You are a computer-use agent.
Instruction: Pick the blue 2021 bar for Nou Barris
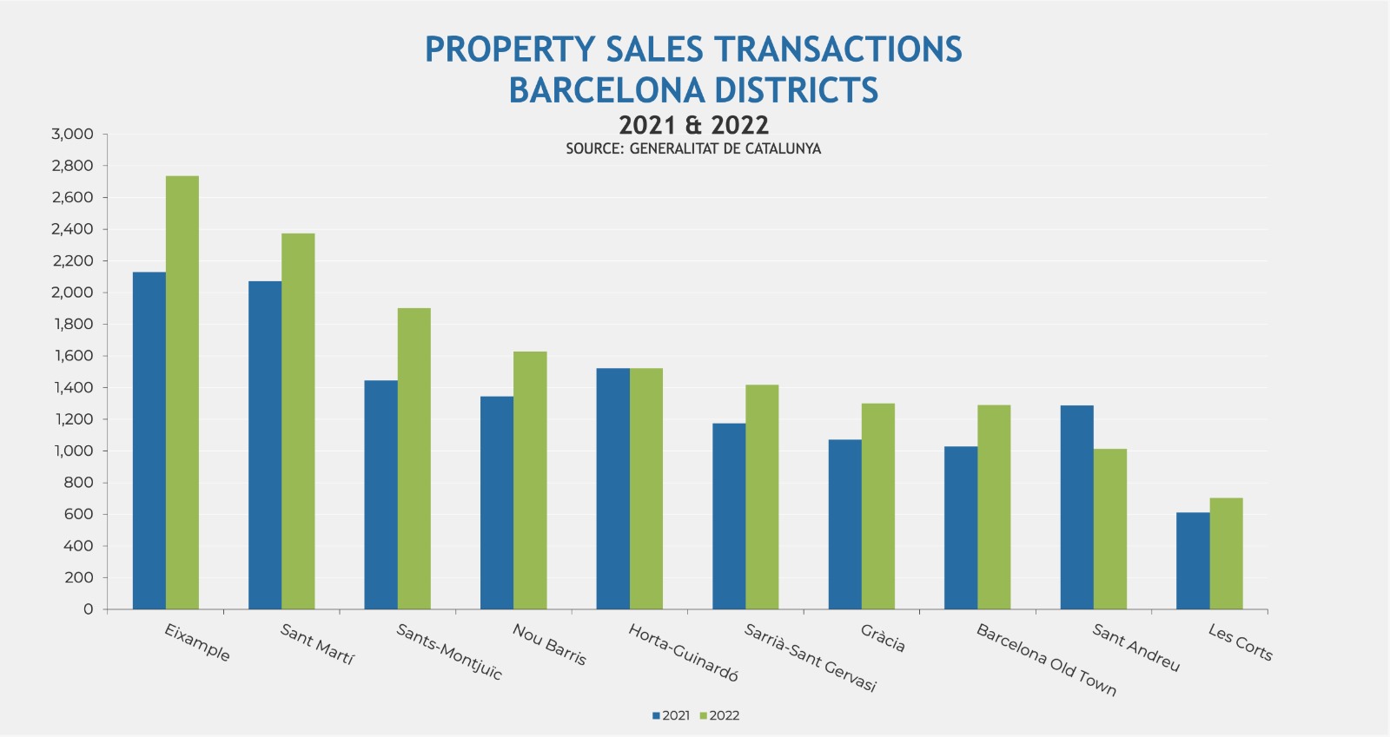497,503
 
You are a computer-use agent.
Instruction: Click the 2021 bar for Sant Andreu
1076,507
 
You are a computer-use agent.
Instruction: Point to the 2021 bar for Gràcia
844,524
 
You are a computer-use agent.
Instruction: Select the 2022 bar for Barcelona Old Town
994,507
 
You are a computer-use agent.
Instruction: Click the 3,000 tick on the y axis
72,134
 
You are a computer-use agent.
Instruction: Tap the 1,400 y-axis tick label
72,387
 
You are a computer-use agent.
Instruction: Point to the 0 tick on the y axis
88,609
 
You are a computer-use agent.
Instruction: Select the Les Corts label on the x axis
1240,642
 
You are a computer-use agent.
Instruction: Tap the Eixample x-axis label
197,642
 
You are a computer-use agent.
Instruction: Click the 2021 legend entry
671,715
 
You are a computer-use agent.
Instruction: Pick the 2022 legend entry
719,715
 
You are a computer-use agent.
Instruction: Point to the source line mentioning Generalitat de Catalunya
693,148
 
